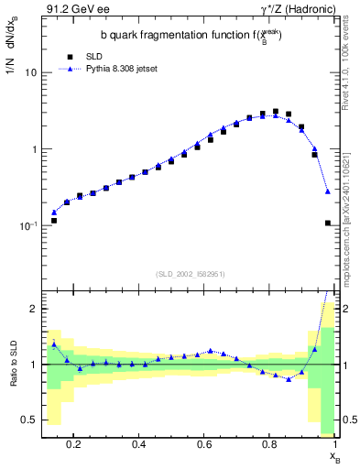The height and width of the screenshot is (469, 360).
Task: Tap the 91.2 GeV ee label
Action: click(x=74, y=9)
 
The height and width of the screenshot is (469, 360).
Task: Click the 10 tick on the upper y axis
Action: click(x=33, y=72)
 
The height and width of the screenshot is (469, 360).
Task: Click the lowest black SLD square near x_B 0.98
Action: click(x=328, y=223)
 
